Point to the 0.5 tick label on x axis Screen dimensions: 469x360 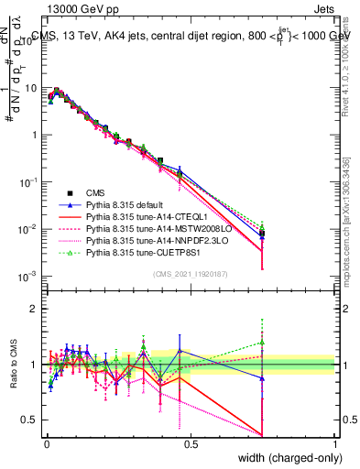pyautogui.click(x=191, y=442)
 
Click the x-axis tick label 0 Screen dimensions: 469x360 pyautogui.click(x=47, y=442)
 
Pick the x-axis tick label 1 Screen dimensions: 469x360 pyautogui.click(x=334, y=442)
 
